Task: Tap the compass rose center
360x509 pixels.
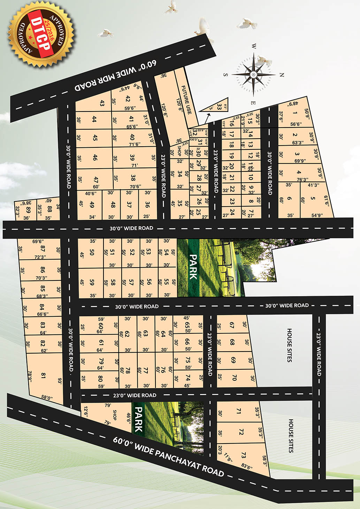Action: point(253,74)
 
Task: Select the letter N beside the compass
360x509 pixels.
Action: point(282,75)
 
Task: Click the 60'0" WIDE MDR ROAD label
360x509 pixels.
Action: point(116,76)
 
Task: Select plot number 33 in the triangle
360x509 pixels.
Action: point(219,107)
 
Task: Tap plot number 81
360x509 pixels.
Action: point(43,376)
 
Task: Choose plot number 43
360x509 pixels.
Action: point(102,103)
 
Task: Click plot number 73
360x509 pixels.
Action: point(243,455)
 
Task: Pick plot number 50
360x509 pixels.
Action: point(92,252)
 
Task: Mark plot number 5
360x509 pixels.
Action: point(313,199)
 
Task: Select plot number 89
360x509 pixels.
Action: point(28,209)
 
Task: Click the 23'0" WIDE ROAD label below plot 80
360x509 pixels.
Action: point(135,395)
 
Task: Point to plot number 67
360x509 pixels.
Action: point(232,325)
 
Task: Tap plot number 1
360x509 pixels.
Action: point(295,113)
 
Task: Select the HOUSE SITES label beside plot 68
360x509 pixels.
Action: point(289,345)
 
